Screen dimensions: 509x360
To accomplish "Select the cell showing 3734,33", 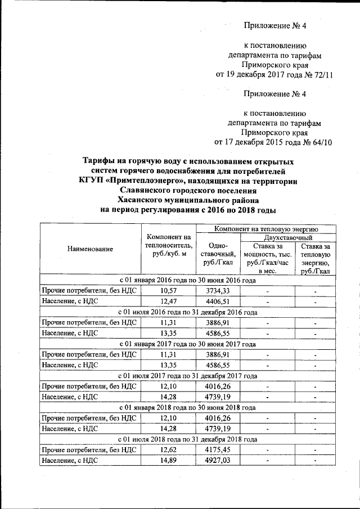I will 218,291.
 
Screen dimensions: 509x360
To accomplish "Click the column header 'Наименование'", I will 89,249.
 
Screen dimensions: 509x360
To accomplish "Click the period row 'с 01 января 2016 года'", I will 187,280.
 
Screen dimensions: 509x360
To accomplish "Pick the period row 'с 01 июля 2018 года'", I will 187,439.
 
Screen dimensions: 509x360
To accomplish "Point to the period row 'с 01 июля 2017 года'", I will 187,375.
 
